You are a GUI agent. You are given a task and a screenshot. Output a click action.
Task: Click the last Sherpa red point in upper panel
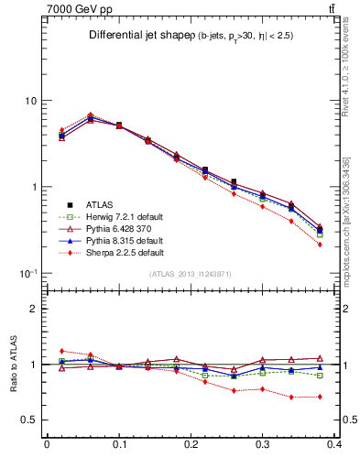point(319,245)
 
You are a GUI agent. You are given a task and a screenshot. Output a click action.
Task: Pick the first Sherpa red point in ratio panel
point(61,351)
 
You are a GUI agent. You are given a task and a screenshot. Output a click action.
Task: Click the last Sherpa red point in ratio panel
point(319,397)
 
